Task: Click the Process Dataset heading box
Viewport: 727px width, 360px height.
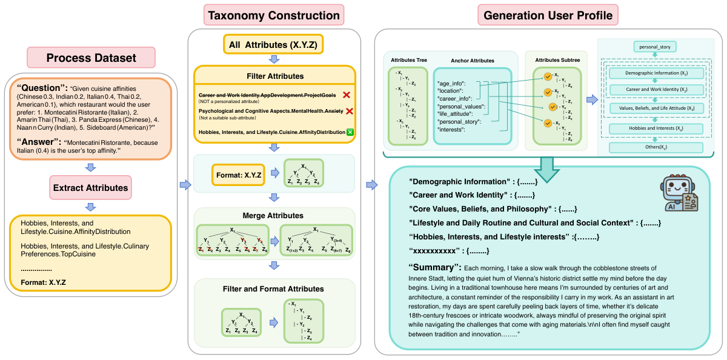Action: (x=91, y=58)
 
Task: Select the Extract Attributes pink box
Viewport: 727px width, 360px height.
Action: (x=91, y=188)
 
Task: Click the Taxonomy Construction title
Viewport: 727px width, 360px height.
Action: (x=274, y=15)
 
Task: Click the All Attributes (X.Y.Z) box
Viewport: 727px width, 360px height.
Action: (x=274, y=44)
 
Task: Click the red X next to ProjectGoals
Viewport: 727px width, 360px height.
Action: (x=347, y=95)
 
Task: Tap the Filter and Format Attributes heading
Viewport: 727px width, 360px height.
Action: (x=274, y=289)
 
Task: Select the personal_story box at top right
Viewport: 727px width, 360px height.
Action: (x=654, y=46)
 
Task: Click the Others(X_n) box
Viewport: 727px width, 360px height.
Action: (x=654, y=147)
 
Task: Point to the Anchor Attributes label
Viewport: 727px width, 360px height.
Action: (x=473, y=61)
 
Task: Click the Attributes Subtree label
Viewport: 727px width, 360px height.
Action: (x=557, y=61)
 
